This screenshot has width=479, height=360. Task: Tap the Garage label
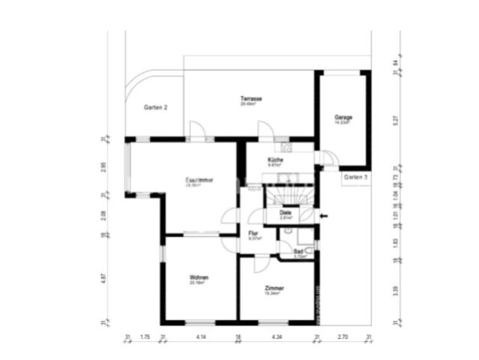(x=343, y=118)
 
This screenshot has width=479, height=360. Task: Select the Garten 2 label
(x=155, y=108)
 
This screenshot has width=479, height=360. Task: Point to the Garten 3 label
(x=355, y=177)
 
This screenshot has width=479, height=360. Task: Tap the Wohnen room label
(x=199, y=277)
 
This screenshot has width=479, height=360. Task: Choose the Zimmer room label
(x=274, y=288)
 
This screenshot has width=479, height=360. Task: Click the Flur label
(x=253, y=234)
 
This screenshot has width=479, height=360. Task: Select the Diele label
(x=286, y=213)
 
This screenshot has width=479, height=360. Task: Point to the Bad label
(x=298, y=251)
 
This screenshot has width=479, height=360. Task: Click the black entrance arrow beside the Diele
(x=323, y=216)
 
